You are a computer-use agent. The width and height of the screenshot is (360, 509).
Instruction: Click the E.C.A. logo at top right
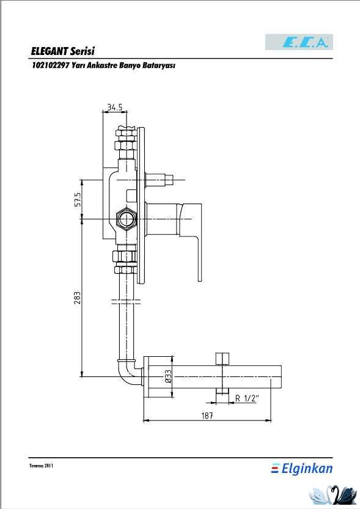point(299,42)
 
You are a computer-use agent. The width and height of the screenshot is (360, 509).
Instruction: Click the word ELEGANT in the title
point(49,51)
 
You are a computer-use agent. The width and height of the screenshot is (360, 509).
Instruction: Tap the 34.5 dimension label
point(115,107)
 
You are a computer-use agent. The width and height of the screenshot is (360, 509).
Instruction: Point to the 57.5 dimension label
point(77,199)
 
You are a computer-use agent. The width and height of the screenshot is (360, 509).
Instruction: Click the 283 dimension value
point(77,298)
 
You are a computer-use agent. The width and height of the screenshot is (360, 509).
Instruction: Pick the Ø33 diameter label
point(168,376)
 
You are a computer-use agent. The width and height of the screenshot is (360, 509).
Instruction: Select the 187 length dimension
point(207,416)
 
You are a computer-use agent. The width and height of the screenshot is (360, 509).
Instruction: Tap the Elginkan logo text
point(302,469)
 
